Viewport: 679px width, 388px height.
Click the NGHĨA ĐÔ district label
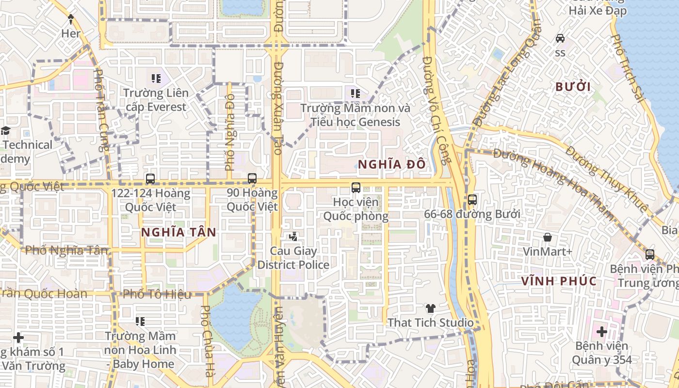392,164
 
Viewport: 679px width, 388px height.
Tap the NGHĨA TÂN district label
178,232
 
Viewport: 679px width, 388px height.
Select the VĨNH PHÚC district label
559,281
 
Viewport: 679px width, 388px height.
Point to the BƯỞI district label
573,87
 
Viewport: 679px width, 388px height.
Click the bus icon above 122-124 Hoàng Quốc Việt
150,178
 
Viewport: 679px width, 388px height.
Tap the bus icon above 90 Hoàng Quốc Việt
252,178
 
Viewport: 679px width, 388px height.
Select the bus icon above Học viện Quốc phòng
356,187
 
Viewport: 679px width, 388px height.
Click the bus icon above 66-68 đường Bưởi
472,199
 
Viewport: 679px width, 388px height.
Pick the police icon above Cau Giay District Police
293,237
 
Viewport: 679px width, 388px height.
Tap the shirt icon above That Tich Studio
430,308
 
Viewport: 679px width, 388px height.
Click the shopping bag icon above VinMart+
548,237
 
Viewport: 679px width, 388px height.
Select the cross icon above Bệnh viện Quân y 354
601,332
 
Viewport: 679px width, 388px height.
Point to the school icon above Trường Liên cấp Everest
156,78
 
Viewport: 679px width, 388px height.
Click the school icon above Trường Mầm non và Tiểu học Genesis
356,93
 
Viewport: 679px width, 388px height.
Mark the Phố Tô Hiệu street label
157,294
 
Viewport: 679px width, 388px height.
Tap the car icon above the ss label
560,38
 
